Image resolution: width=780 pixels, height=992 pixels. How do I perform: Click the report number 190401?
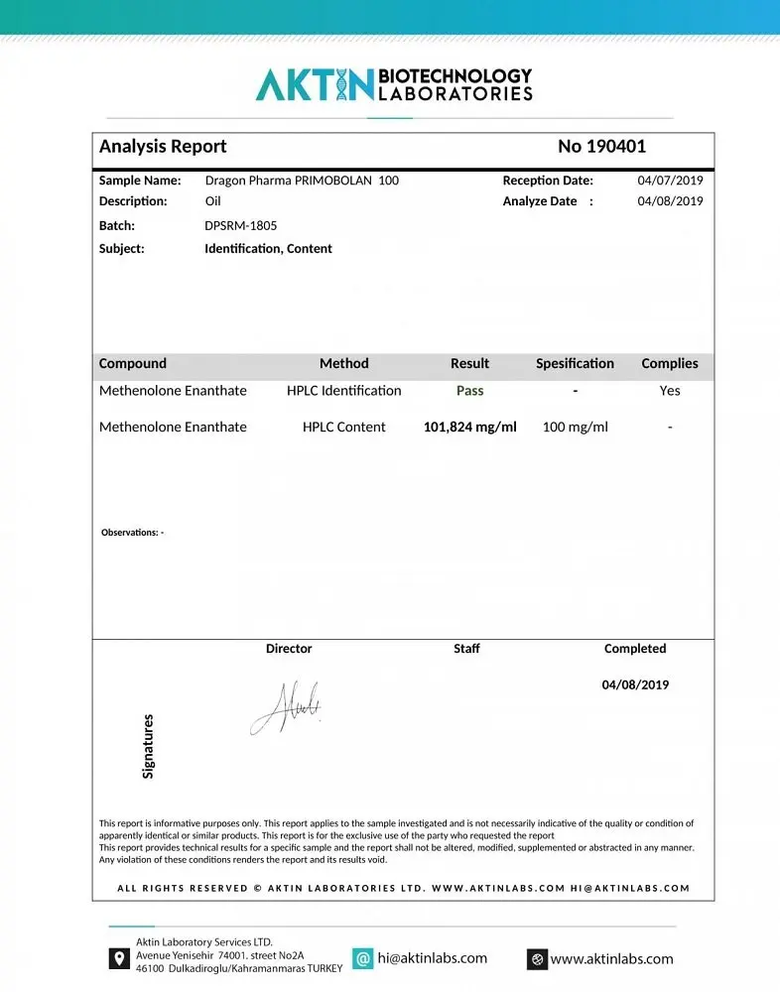(601, 147)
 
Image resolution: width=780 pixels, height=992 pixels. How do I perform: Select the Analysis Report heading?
(163, 147)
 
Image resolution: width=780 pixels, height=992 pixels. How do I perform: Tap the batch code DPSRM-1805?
(241, 225)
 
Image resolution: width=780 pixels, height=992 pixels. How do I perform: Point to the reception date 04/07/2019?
(670, 181)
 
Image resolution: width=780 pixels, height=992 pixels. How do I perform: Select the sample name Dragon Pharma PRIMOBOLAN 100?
(302, 181)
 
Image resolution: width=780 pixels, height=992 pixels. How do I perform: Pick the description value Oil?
(213, 201)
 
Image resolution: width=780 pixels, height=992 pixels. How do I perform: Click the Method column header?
(343, 364)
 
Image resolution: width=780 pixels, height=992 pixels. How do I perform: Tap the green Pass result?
(469, 391)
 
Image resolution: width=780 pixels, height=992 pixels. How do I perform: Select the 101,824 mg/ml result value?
(469, 428)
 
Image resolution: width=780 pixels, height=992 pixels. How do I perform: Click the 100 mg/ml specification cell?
(575, 428)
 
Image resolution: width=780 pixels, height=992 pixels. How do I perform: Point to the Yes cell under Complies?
(670, 391)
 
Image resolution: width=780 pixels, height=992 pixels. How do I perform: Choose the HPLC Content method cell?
(343, 428)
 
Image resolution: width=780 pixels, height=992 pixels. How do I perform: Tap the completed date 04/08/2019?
(635, 684)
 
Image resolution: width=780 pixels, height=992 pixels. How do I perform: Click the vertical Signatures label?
(149, 746)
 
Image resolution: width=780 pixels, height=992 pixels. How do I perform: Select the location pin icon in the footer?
(119, 958)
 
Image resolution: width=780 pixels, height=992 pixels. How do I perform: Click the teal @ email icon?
(363, 958)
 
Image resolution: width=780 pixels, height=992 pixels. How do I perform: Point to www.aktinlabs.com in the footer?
(611, 959)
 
